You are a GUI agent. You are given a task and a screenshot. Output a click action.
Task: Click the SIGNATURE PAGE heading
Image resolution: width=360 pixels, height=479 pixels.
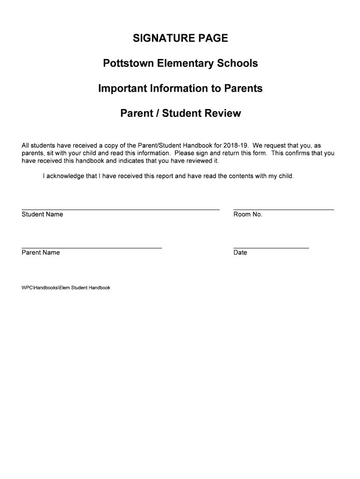pos(180,38)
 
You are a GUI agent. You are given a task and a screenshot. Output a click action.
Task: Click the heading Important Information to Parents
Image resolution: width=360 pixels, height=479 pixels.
pos(180,88)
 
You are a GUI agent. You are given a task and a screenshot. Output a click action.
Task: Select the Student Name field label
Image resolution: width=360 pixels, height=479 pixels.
pos(42,214)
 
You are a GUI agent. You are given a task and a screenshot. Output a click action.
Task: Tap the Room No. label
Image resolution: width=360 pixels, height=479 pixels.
pos(248,214)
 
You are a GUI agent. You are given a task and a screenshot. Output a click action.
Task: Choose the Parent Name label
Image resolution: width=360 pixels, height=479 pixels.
pos(41,253)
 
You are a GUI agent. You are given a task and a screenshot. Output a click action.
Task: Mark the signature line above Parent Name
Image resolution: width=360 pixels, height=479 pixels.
pos(92,247)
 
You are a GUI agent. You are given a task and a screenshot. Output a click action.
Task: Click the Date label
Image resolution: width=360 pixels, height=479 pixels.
pos(240,253)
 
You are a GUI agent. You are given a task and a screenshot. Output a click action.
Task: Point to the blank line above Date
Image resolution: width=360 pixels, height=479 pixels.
pos(271,247)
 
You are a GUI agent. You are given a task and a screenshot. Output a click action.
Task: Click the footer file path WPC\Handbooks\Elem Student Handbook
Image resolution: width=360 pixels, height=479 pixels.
pos(66,288)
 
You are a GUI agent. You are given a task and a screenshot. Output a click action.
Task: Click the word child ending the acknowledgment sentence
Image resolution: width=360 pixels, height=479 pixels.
pos(285,176)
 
